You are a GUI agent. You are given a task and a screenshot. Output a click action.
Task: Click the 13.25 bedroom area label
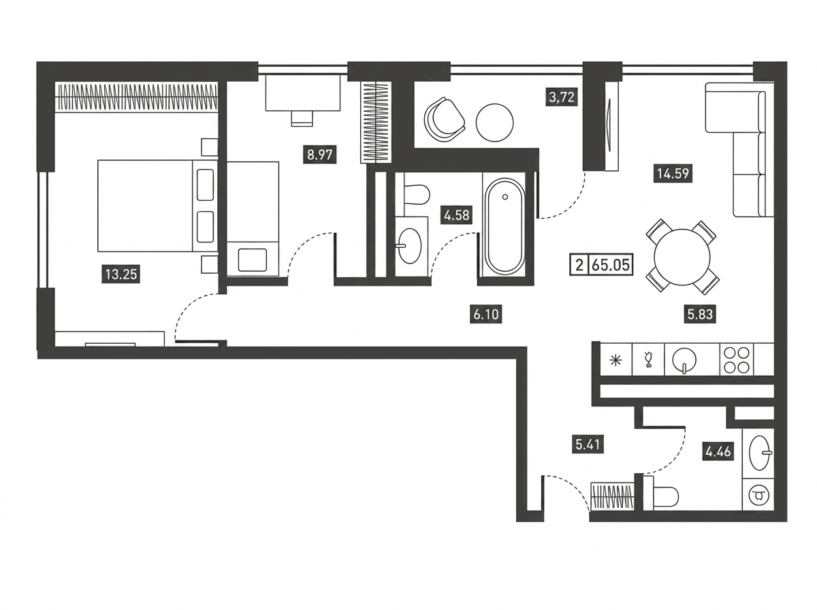click(121, 274)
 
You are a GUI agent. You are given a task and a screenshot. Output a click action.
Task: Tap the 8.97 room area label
click(320, 155)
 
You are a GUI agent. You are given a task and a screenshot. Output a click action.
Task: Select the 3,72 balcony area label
click(562, 97)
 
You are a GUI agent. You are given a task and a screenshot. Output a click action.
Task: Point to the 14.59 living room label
click(673, 174)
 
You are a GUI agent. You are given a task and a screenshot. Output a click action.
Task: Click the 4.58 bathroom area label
click(457, 215)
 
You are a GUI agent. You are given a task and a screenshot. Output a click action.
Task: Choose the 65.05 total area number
click(611, 266)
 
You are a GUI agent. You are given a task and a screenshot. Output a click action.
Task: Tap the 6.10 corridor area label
click(485, 315)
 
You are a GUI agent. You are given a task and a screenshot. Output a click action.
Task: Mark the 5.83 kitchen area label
click(700, 314)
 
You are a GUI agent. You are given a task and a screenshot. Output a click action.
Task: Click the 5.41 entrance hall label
click(588, 445)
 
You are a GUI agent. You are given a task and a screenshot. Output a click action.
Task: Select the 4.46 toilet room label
click(718, 452)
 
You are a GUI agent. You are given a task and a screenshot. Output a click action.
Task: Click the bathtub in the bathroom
click(504, 226)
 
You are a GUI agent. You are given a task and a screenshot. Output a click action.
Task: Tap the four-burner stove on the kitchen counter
click(736, 360)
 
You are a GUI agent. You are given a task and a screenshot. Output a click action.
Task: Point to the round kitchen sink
click(684, 360)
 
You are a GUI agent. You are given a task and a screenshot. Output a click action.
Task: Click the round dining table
click(682, 257)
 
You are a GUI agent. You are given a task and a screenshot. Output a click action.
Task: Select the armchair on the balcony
click(444, 119)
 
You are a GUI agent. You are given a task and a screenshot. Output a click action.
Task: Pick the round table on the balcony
click(495, 123)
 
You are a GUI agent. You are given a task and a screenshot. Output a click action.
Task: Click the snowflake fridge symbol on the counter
click(615, 360)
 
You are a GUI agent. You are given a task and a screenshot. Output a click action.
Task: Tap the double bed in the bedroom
click(157, 206)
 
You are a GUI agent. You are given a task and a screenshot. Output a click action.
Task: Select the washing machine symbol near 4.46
click(758, 496)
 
